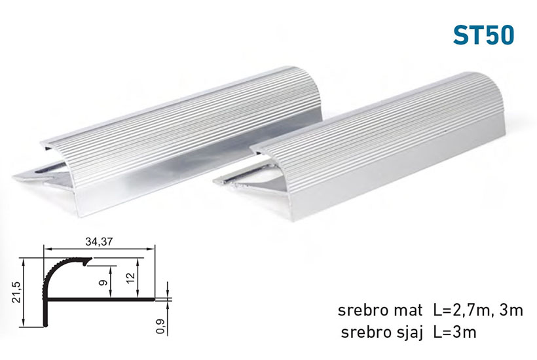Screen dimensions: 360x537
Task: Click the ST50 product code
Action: click(483, 35)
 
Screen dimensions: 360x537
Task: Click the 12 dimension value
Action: click(132, 278)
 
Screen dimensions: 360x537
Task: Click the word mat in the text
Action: click(409, 310)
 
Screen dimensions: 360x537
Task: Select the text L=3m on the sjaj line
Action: click(454, 332)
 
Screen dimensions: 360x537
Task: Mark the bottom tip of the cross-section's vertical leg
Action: click(46, 325)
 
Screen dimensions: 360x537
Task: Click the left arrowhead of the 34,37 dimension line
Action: click(46, 249)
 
